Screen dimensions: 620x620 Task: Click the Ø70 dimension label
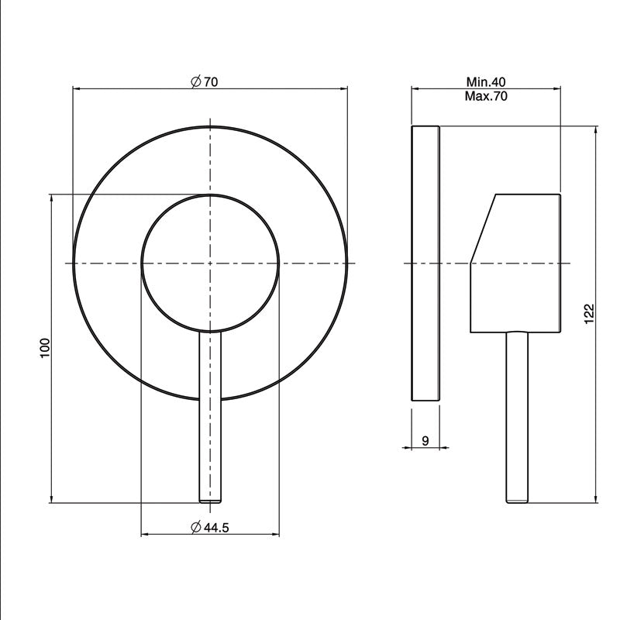(204, 82)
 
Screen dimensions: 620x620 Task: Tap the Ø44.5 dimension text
(209, 528)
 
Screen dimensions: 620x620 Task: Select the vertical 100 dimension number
(46, 348)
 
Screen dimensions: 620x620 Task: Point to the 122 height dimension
(589, 314)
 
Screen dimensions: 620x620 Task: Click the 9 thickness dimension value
(425, 440)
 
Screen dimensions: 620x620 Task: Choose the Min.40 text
(486, 82)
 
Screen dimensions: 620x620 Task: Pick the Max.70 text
(486, 96)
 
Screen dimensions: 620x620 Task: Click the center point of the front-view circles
(210, 263)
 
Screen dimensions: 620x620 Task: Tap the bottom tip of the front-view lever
(210, 501)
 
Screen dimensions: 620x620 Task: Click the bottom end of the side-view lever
(517, 501)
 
